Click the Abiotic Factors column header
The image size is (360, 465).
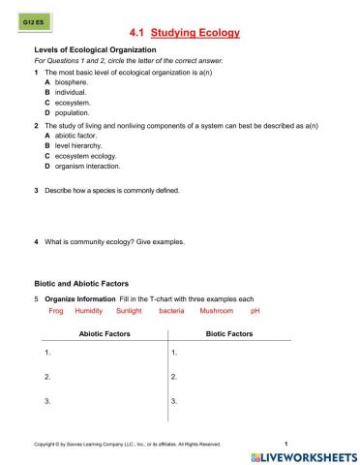coord(105,333)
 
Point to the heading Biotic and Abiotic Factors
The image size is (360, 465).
coord(80,283)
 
